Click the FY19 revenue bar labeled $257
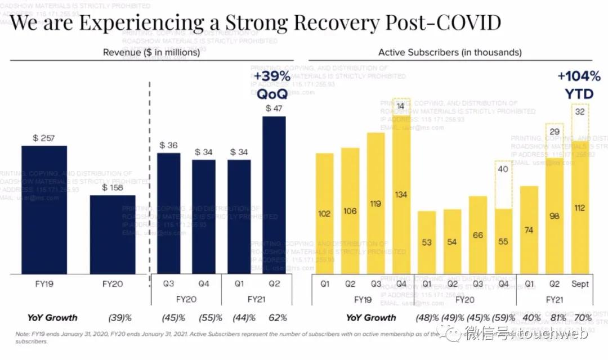coord(44,209)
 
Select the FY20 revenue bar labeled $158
coord(112,235)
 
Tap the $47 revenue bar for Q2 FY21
coord(274,195)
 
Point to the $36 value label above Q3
coord(168,145)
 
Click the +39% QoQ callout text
coord(272,85)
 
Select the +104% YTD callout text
coord(575,85)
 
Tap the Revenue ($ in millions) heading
coord(151,52)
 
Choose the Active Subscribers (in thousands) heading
coord(450,52)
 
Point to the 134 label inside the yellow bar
coord(401,195)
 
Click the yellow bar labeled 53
coord(427,243)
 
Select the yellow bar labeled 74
coord(529,230)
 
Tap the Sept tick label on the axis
coord(580,284)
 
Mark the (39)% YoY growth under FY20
coord(119,318)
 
